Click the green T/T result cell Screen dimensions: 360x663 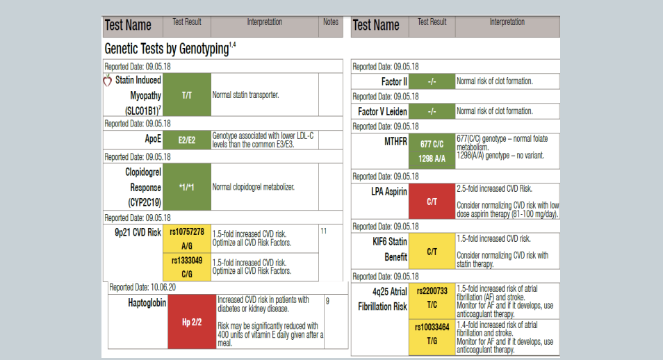pyautogui.click(x=187, y=95)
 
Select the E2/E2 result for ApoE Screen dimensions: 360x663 pyautogui.click(x=187, y=140)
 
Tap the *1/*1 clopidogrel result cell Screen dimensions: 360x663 pyautogui.click(x=187, y=187)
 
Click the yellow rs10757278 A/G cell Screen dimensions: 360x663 pyautogui.click(x=187, y=238)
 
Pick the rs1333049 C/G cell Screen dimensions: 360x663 pyautogui.click(x=187, y=266)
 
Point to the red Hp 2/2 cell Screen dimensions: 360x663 pyautogui.click(x=191, y=322)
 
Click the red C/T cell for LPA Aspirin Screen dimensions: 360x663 pyautogui.click(x=432, y=202)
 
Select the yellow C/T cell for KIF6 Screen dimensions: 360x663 pyautogui.click(x=432, y=251)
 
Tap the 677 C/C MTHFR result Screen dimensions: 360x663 pyautogui.click(x=432, y=144)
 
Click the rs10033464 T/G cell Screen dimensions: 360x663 pyautogui.click(x=432, y=334)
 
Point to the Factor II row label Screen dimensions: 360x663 pyautogui.click(x=393, y=81)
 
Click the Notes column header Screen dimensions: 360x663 pyautogui.click(x=331, y=22)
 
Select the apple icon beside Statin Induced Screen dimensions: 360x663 pyautogui.click(x=107, y=80)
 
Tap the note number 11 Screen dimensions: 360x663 pyautogui.click(x=324, y=230)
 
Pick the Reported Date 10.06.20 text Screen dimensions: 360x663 pyautogui.click(x=142, y=287)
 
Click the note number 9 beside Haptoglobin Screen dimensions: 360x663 pyautogui.click(x=327, y=301)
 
